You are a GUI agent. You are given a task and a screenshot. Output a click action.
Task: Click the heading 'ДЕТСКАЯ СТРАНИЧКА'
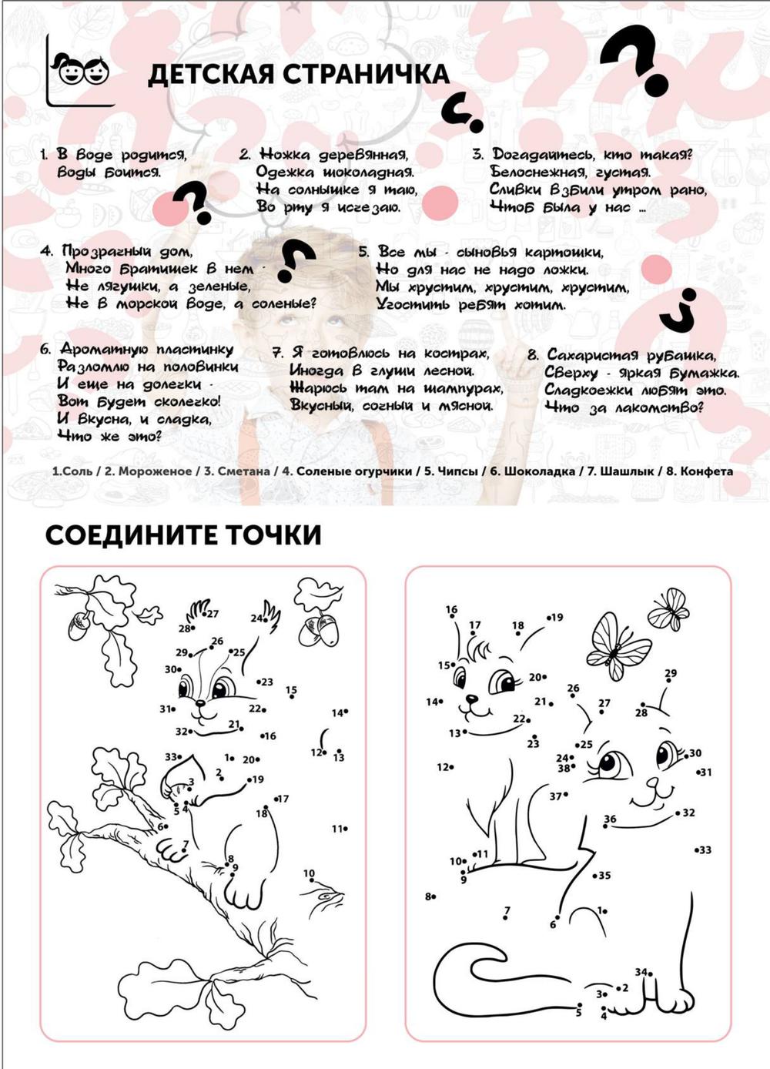click(298, 74)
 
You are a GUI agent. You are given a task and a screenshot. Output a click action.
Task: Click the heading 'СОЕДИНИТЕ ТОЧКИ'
click(182, 534)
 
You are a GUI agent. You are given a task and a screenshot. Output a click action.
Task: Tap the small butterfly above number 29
click(668, 608)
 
